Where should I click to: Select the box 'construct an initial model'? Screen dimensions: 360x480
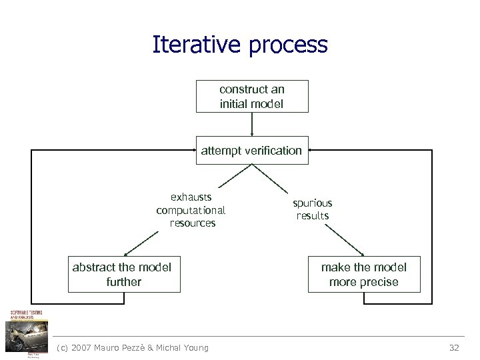tap(252, 96)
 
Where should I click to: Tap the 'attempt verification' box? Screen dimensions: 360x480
tap(252, 151)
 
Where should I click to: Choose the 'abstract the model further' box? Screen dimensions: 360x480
tap(124, 274)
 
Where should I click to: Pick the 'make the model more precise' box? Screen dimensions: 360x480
tap(364, 274)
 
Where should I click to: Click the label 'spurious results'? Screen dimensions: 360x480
tap(313, 209)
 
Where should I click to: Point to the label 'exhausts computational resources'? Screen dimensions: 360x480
tap(191, 210)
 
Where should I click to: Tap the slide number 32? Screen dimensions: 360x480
tap(454, 347)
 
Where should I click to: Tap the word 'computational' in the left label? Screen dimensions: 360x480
tap(191, 210)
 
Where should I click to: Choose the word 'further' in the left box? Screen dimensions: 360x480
tap(124, 282)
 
